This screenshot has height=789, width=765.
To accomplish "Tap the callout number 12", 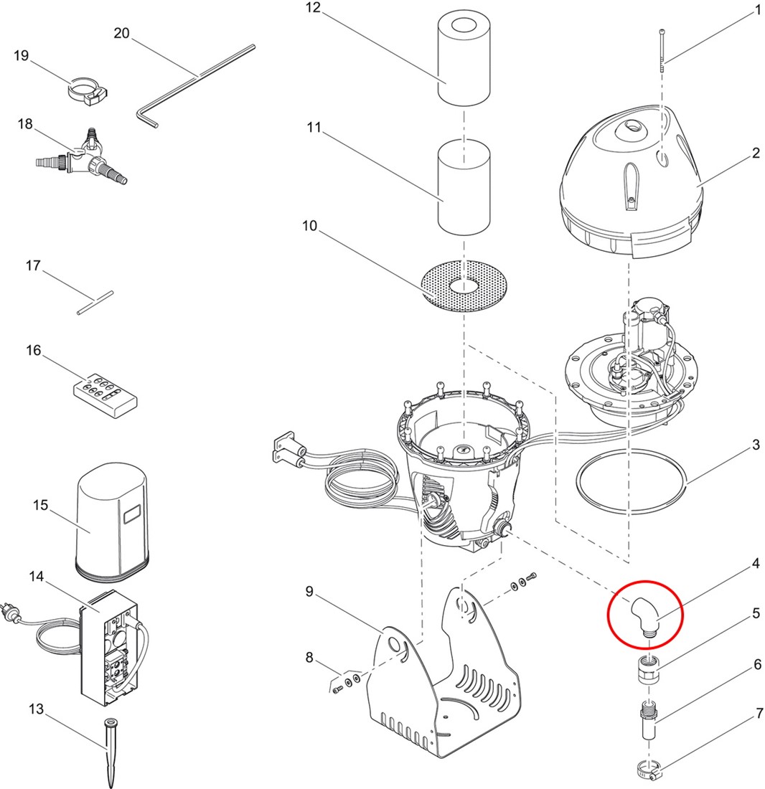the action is [313, 9].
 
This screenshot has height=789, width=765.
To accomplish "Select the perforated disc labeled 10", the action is [464, 285].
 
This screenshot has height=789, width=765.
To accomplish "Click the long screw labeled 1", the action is [662, 53].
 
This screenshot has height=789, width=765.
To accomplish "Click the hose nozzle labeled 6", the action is [648, 720].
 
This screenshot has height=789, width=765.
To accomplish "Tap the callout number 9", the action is [309, 591].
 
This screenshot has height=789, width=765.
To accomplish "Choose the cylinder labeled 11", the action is [464, 187].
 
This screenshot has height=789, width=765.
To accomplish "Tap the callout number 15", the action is [41, 505].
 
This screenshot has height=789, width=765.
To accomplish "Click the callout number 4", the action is [756, 564].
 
